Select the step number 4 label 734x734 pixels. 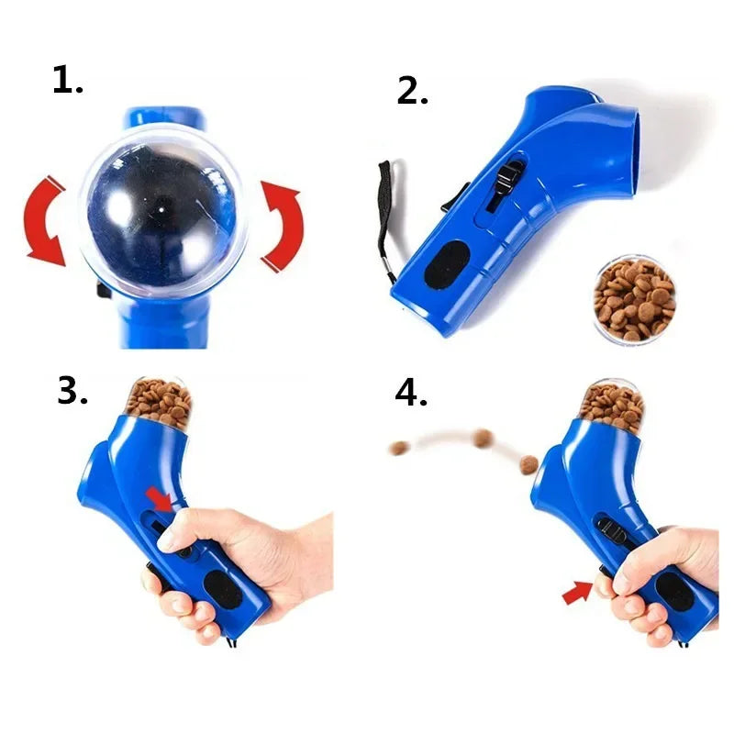point(412,393)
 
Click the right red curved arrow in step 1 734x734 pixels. point(281,226)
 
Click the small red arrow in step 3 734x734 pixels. point(159,499)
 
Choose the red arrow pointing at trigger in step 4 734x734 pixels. point(577,594)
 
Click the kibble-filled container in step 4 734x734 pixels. point(612,404)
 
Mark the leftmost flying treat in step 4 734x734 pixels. point(399,448)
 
